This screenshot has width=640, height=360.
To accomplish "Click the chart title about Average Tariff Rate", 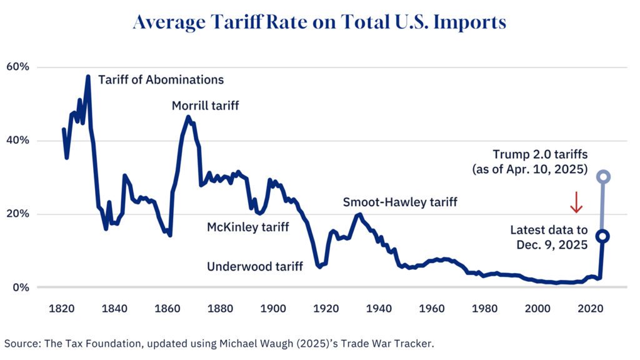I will pos(319,22).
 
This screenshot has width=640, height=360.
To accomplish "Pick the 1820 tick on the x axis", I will pos(62,309).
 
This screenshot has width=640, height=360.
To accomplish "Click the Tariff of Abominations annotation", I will pos(161,80).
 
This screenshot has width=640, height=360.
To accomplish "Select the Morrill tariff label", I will pos(205,106).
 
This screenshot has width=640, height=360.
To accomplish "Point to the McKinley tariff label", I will pos(248,227).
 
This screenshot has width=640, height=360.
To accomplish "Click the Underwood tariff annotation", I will pos(255,267).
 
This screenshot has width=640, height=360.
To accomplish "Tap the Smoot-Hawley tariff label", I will pos(400,202).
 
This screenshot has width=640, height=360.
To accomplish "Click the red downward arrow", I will pos(576,201).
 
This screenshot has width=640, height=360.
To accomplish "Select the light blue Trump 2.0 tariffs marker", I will pos(602,177).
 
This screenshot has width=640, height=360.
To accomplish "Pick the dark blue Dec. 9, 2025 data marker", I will pos(602,236).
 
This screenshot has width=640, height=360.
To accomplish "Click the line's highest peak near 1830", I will pos(88,77).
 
